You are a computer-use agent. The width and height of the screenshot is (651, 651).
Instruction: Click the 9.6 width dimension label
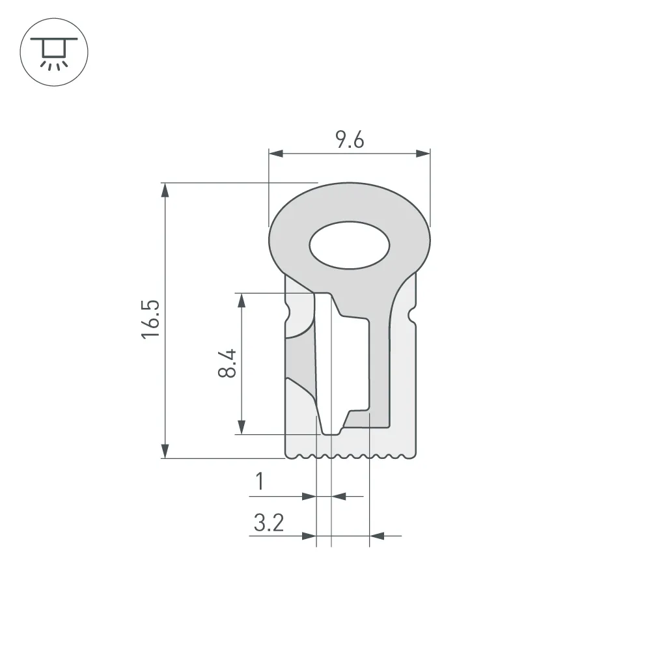[350, 139]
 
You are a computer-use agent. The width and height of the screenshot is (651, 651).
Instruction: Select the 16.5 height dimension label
[150, 319]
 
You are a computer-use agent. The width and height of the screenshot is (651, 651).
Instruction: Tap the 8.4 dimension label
[227, 363]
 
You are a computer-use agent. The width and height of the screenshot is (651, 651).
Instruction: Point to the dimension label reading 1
[260, 481]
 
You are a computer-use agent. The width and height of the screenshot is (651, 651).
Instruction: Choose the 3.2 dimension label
[269, 523]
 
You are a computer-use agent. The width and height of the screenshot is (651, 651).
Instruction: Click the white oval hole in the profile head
[350, 245]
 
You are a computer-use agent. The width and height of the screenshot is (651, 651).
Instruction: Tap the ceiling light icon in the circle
[54, 53]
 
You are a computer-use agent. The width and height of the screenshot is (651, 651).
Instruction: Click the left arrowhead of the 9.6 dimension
[276, 154]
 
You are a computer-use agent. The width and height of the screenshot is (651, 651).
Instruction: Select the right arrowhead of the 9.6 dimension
[423, 154]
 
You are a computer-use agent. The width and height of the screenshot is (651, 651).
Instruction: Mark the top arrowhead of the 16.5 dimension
[165, 189]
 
